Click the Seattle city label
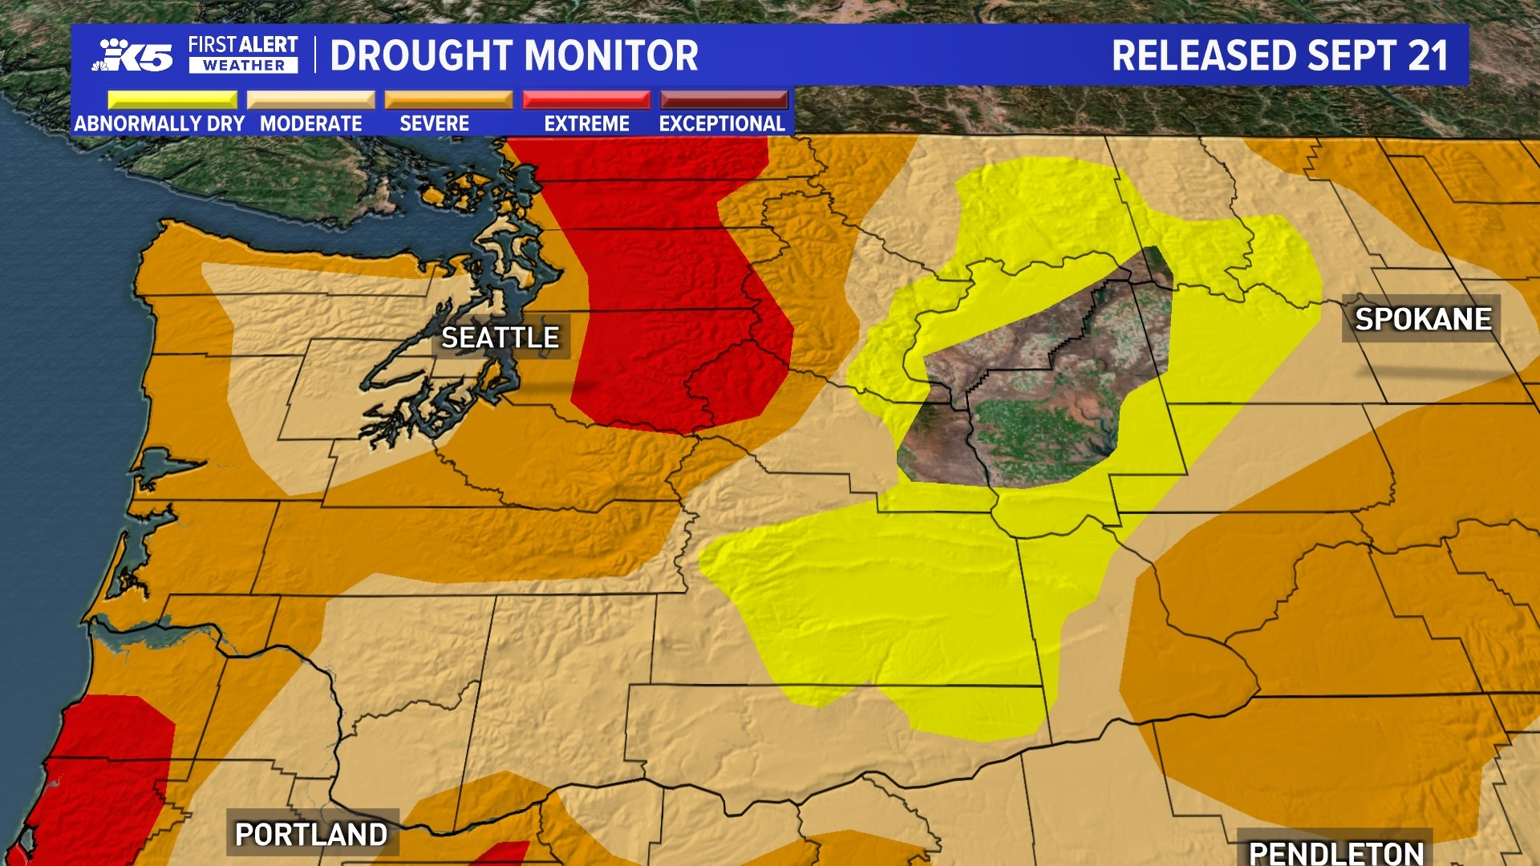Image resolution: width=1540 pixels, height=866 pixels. tap(500, 338)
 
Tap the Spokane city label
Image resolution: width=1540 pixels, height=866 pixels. tap(1422, 319)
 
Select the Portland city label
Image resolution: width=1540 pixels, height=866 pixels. tap(311, 834)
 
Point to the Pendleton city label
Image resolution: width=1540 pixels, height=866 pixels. tap(1335, 852)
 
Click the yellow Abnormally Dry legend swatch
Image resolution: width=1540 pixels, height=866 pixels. tap(172, 100)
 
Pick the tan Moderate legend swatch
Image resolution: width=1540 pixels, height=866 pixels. tap(310, 100)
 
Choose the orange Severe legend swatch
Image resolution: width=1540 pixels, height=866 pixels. tap(448, 100)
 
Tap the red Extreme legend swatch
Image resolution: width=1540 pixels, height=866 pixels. tap(586, 100)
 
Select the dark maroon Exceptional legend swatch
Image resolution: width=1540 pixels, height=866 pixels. tap(723, 100)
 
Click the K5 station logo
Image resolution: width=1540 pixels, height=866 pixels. tap(136, 55)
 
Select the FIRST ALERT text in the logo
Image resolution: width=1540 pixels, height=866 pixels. tap(243, 45)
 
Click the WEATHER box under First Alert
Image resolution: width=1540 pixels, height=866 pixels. tap(243, 66)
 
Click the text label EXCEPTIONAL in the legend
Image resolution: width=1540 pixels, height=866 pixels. tap(722, 123)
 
